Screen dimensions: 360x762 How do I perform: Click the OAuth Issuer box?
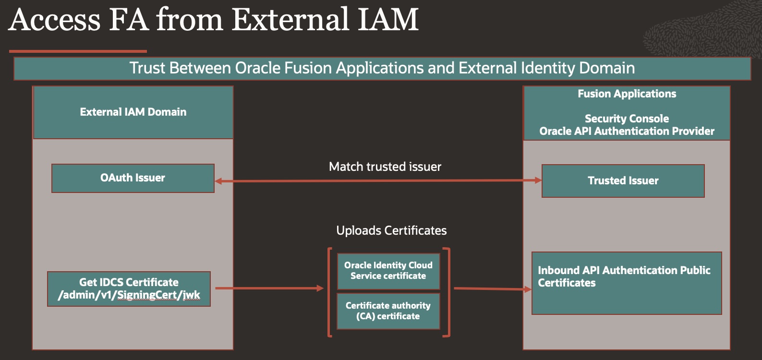tap(133, 178)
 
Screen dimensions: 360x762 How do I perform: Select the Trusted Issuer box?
tap(623, 181)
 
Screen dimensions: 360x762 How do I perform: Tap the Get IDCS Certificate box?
tap(129, 289)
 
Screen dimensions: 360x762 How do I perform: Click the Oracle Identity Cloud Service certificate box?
tap(388, 271)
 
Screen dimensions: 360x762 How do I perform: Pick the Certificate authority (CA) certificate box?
tap(388, 311)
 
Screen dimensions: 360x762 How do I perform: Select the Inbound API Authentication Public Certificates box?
tap(626, 283)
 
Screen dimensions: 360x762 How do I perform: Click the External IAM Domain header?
tap(133, 112)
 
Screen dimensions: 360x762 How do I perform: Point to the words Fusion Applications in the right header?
tap(627, 94)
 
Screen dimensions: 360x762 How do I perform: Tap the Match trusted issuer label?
tap(385, 167)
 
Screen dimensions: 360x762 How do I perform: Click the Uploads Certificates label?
tap(391, 231)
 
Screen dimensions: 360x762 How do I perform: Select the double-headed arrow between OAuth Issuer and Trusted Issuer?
tap(378, 181)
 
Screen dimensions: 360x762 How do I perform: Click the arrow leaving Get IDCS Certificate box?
tap(269, 288)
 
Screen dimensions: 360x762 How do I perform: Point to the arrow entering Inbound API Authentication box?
tap(492, 289)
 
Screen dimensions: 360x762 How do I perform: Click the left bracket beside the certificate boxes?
tap(329, 292)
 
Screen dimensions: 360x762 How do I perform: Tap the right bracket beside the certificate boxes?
tap(448, 292)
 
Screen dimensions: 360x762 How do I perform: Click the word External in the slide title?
tap(291, 20)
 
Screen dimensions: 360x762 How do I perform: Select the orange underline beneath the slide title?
tap(78, 51)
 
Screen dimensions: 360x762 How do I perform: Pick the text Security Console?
tap(627, 119)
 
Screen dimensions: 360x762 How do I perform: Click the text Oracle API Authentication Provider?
tap(627, 132)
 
